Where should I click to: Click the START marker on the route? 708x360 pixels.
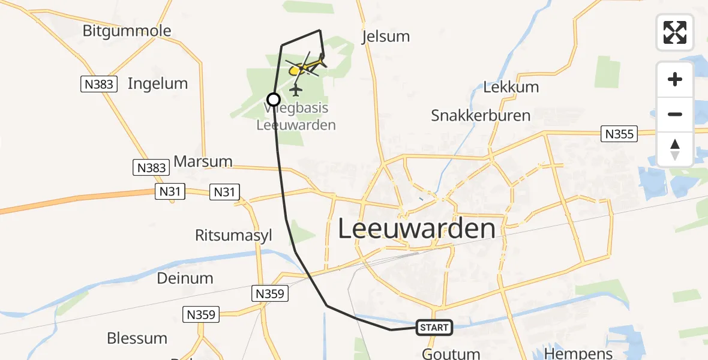[x=434, y=328]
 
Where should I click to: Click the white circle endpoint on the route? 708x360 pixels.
[x=274, y=100]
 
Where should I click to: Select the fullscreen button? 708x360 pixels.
[x=675, y=32]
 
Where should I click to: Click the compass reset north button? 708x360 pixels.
[x=675, y=149]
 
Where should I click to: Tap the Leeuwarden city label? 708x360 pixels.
[x=417, y=229]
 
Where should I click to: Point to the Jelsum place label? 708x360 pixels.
[x=386, y=37]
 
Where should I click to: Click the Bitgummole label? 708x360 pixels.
[x=127, y=31]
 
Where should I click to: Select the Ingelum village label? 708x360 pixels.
[x=158, y=83]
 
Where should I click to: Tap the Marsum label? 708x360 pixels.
[x=203, y=161]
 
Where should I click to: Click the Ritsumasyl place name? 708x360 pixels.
[x=233, y=235]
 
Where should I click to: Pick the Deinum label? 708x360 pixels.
[x=185, y=278]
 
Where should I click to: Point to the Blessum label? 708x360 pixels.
[x=137, y=338]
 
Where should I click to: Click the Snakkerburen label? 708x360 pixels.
[x=481, y=115]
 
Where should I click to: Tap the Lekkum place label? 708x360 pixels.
[x=511, y=87]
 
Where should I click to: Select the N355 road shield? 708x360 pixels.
[x=619, y=134]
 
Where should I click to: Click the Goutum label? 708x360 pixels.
[x=451, y=353]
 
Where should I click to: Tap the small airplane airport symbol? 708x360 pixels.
[x=295, y=90]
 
